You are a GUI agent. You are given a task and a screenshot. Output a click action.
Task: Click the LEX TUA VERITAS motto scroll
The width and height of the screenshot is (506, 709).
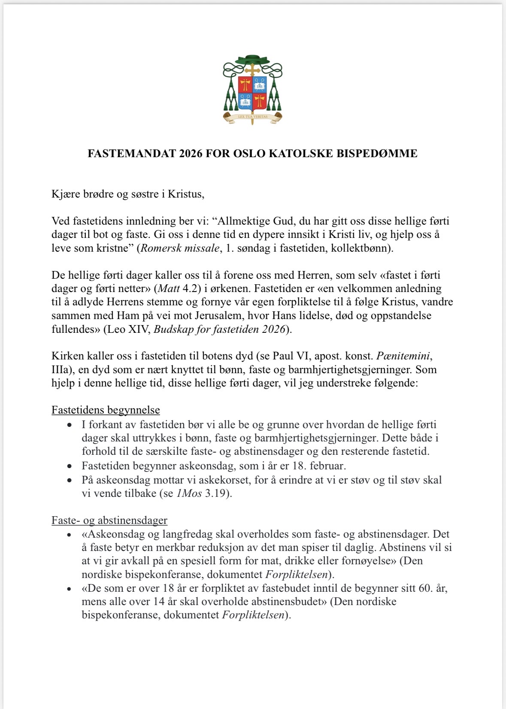click(x=253, y=117)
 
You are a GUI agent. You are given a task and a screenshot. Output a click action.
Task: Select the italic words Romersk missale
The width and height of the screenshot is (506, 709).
click(x=180, y=248)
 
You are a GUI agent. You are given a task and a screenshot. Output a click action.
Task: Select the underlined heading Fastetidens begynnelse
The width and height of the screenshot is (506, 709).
click(x=106, y=410)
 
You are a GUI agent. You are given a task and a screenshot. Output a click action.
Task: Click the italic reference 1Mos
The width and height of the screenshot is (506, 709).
click(x=189, y=493)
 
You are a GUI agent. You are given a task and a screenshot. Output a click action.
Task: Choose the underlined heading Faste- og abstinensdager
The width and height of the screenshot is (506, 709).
click(x=109, y=520)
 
